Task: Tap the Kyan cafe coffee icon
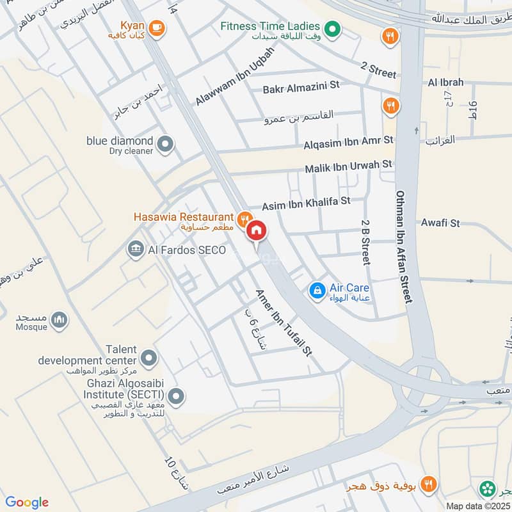[157, 28]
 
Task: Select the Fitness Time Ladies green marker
[332, 28]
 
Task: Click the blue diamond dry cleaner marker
[166, 145]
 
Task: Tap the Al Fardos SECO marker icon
[135, 248]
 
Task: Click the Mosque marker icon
[60, 319]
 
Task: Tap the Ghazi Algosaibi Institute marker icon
[179, 396]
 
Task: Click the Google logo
[28, 502]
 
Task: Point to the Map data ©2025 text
[478, 506]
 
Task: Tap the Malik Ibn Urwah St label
[348, 166]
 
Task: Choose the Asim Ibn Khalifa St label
[306, 204]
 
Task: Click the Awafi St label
[441, 223]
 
